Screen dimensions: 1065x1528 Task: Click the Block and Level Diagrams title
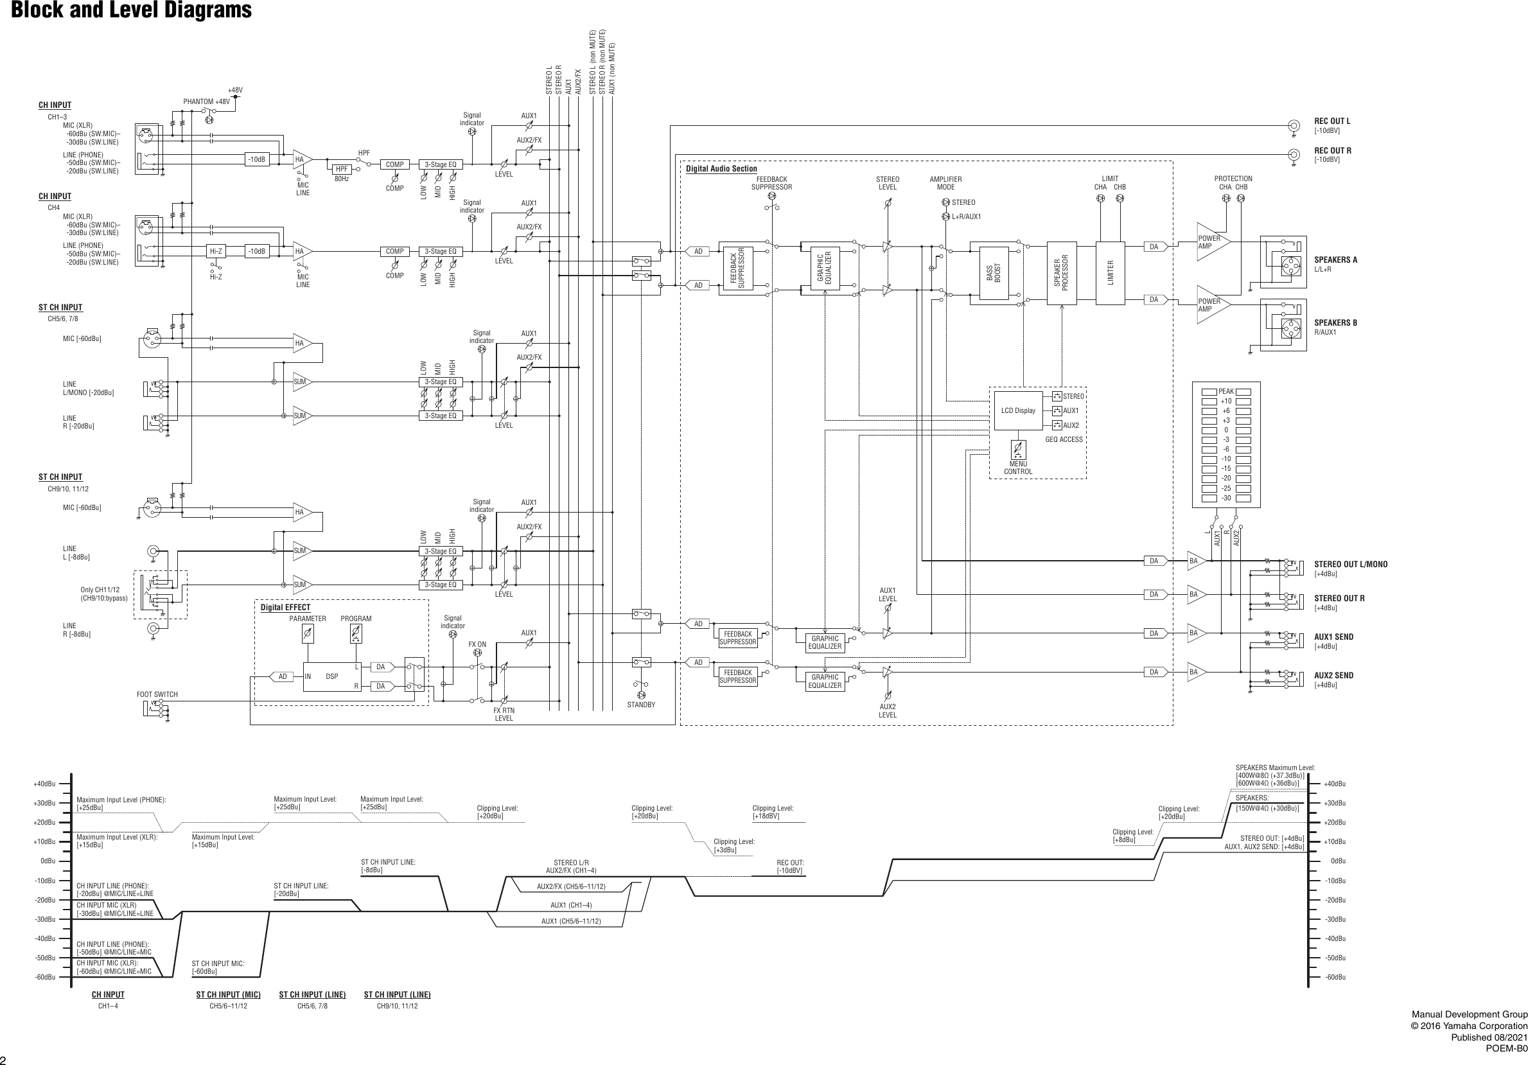point(131,11)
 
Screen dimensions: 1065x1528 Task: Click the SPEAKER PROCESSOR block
point(1062,273)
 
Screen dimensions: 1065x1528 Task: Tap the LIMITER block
point(1110,273)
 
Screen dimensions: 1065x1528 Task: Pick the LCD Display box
point(1017,410)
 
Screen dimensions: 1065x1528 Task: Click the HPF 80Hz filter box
point(342,169)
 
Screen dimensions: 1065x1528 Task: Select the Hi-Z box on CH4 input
point(216,252)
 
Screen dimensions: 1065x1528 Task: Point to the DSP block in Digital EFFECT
point(331,676)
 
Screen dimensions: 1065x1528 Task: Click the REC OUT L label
point(1331,121)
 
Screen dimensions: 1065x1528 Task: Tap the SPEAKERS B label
point(1335,323)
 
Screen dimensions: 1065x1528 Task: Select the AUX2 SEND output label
point(1333,675)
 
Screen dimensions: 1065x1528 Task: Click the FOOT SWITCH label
point(157,694)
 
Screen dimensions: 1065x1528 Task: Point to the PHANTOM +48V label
point(206,102)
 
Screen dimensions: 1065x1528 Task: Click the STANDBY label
point(641,705)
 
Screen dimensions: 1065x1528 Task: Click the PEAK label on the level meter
point(1226,391)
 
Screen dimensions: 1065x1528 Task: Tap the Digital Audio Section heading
point(721,169)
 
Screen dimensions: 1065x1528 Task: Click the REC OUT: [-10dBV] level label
point(790,867)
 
